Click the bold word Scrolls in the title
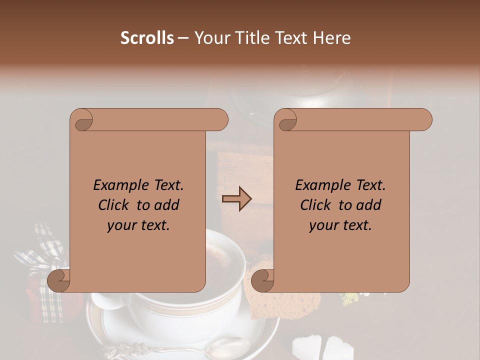[147, 38]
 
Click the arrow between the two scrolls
[236, 199]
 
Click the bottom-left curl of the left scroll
[59, 280]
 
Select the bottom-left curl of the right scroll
[262, 280]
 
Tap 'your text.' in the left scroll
[138, 225]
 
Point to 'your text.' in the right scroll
[340, 225]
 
